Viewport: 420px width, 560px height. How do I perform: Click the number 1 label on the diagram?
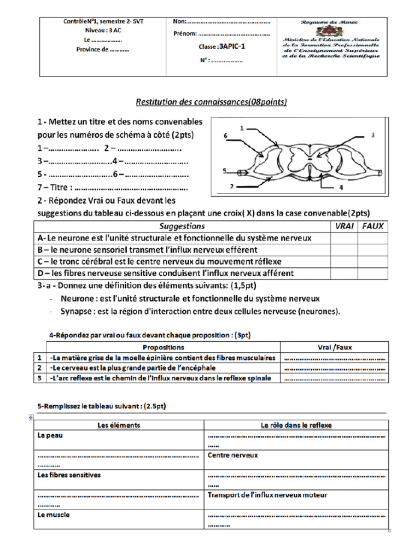pyautogui.click(x=242, y=127)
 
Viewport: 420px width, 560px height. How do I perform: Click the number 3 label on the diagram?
pyautogui.click(x=372, y=134)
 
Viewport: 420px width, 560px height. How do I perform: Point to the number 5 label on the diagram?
pyautogui.click(x=224, y=171)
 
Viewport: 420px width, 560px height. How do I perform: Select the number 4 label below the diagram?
pyautogui.click(x=341, y=186)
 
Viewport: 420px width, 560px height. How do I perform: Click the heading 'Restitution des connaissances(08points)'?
pyautogui.click(x=211, y=102)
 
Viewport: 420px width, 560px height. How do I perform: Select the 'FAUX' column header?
pyautogui.click(x=373, y=226)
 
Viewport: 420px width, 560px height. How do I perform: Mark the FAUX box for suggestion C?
pyautogui.click(x=373, y=261)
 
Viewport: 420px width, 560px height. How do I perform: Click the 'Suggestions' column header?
pyautogui.click(x=182, y=226)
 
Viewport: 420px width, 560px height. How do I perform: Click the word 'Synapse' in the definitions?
pyautogui.click(x=76, y=311)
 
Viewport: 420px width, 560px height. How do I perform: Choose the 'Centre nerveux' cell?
pyautogui.click(x=232, y=455)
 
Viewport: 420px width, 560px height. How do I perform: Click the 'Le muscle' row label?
pyautogui.click(x=54, y=515)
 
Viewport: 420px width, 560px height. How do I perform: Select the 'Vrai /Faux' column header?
pyautogui.click(x=334, y=347)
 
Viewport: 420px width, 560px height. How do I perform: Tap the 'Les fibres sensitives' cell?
pyautogui.click(x=69, y=475)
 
